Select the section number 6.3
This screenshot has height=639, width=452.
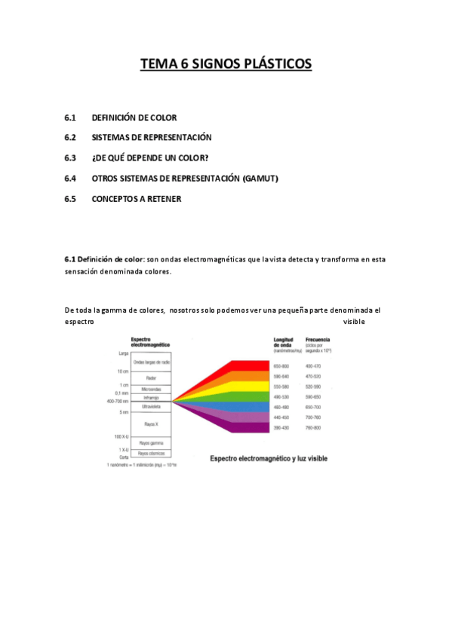pyautogui.click(x=71, y=157)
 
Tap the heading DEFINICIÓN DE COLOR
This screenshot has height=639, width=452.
pyautogui.click(x=134, y=118)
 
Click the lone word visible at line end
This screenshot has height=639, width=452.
pyautogui.click(x=354, y=322)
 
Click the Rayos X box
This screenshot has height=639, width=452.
pyautogui.click(x=151, y=425)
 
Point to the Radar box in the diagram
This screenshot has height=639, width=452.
pyautogui.click(x=151, y=377)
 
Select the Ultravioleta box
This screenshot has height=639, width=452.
pyautogui.click(x=151, y=406)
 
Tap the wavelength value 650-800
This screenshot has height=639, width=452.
pyautogui.click(x=281, y=365)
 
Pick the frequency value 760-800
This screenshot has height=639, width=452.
pyautogui.click(x=312, y=428)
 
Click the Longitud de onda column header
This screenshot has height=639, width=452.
pyautogui.click(x=284, y=344)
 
